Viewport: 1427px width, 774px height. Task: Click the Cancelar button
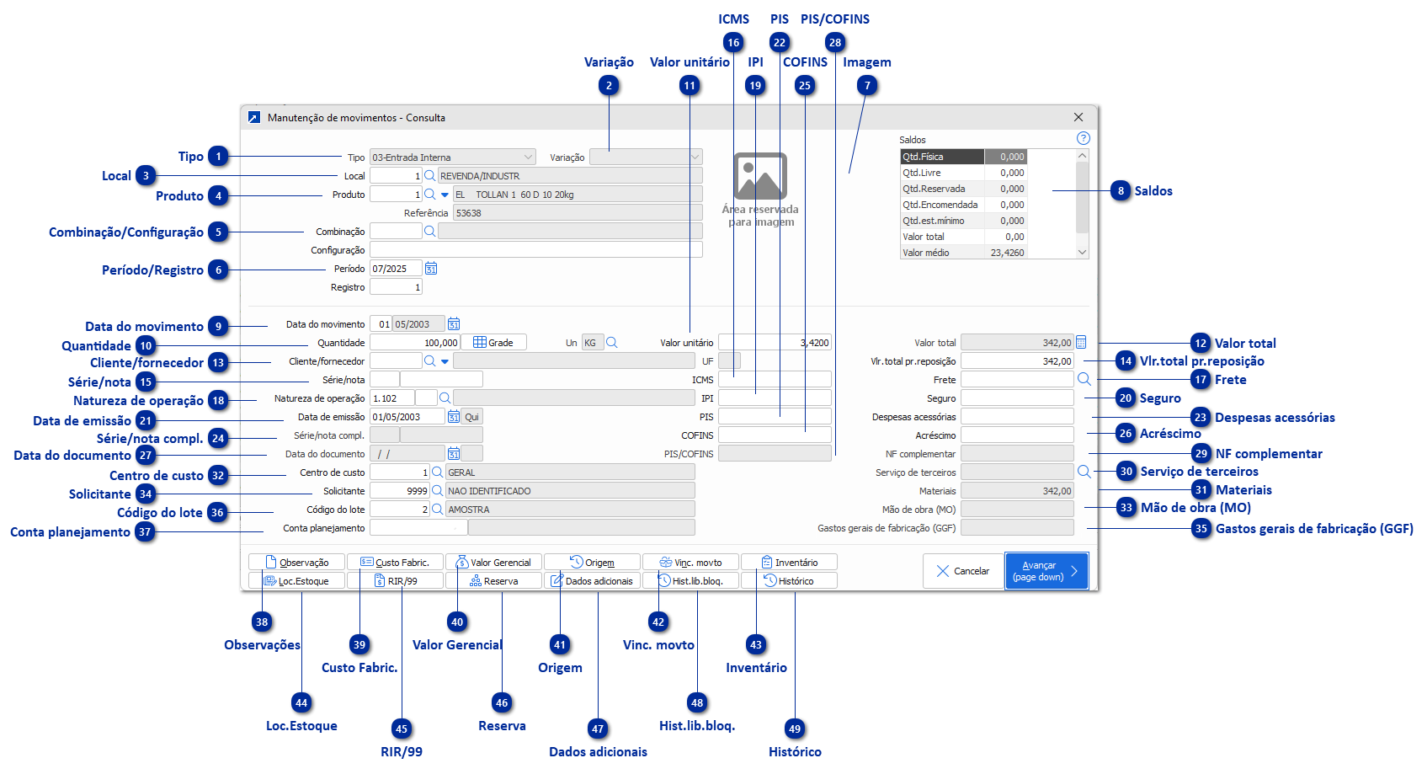[962, 571]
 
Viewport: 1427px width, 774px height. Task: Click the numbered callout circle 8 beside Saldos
[1121, 191]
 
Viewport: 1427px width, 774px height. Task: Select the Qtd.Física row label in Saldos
[941, 157]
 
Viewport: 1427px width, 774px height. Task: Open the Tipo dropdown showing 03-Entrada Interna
[453, 157]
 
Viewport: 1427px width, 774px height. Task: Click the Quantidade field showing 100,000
[414, 343]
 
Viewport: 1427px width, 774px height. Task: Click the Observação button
[296, 563]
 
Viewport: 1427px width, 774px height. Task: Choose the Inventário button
[789, 563]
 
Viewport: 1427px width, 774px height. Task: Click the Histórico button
[789, 581]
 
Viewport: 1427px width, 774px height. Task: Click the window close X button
[1078, 118]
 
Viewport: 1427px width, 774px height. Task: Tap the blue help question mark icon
[1084, 138]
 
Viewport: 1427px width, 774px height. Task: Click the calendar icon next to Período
[431, 269]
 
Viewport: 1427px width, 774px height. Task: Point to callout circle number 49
[795, 729]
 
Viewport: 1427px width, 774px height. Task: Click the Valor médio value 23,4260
[1006, 253]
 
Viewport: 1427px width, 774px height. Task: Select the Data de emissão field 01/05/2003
[407, 417]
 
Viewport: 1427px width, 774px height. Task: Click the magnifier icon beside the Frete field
[1084, 380]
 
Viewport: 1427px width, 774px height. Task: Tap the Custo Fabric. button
[395, 563]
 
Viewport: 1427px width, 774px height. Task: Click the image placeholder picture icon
[760, 176]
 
